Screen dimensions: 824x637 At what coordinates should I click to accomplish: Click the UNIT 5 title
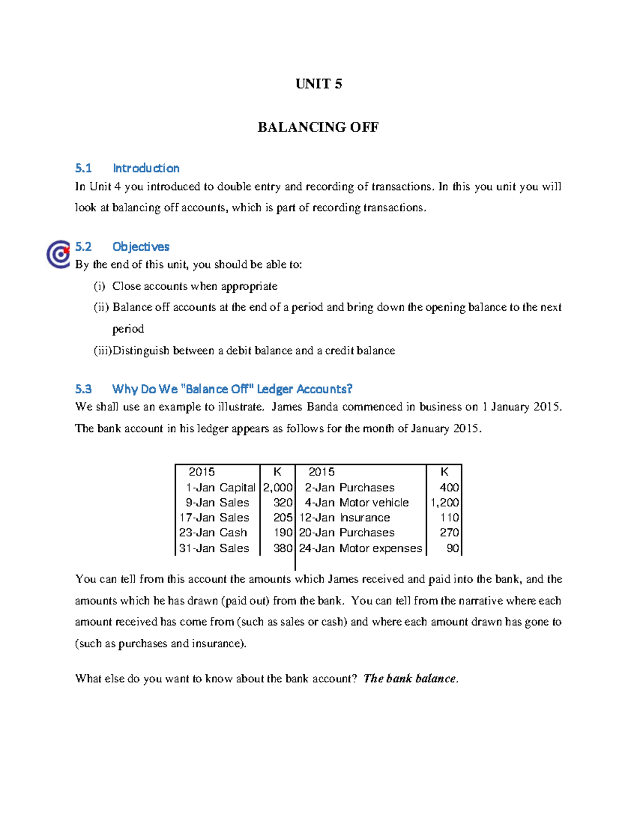(x=318, y=84)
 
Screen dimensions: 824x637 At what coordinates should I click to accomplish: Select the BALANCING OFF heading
(x=318, y=127)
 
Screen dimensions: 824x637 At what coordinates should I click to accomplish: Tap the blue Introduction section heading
(x=146, y=168)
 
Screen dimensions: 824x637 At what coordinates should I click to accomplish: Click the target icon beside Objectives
(x=59, y=254)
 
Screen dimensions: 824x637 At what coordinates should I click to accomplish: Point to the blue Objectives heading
(x=141, y=247)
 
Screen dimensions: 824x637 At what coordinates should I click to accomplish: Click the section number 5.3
(x=83, y=389)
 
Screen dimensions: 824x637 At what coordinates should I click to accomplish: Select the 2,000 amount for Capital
(x=278, y=488)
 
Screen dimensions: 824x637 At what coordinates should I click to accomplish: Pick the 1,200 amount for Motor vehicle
(x=444, y=502)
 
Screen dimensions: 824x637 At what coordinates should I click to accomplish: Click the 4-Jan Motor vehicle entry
(x=356, y=502)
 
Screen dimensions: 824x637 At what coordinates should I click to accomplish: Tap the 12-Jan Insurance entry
(x=345, y=517)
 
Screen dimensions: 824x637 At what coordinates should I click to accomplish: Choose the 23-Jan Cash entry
(x=213, y=532)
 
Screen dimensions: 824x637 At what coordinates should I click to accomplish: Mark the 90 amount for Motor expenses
(x=452, y=548)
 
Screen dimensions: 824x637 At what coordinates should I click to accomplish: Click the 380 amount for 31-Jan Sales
(x=283, y=548)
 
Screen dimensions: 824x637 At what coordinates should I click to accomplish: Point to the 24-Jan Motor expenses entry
(x=360, y=548)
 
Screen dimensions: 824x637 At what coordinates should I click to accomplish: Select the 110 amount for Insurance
(x=449, y=517)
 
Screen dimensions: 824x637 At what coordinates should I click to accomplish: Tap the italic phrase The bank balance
(x=410, y=679)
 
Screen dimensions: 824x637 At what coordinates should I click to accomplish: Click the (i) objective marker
(x=100, y=287)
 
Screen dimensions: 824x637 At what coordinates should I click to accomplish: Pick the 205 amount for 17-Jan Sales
(x=283, y=517)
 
